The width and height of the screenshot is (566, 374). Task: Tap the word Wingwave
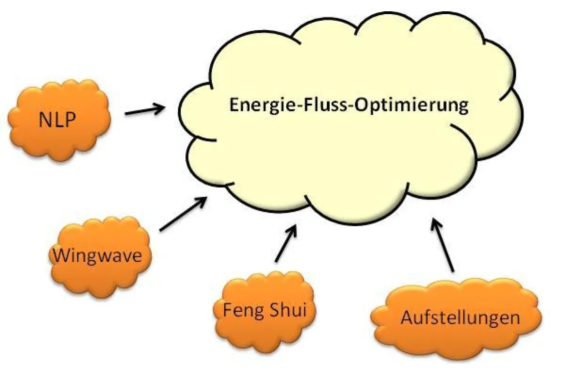tap(97, 256)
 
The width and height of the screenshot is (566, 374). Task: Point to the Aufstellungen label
tap(460, 317)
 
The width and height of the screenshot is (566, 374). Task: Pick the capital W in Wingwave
tap(60, 256)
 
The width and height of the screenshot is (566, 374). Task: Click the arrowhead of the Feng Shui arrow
tap(294, 229)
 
